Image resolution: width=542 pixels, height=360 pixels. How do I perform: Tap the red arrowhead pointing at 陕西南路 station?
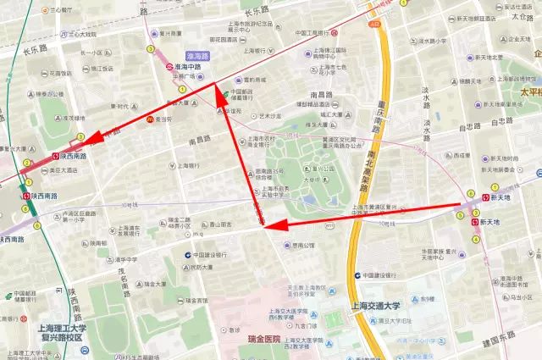pyautogui.click(x=95, y=137)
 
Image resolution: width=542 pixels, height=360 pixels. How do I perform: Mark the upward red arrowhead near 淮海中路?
pyautogui.click(x=218, y=95)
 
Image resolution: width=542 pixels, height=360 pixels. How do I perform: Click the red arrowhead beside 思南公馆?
pyautogui.click(x=271, y=224)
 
